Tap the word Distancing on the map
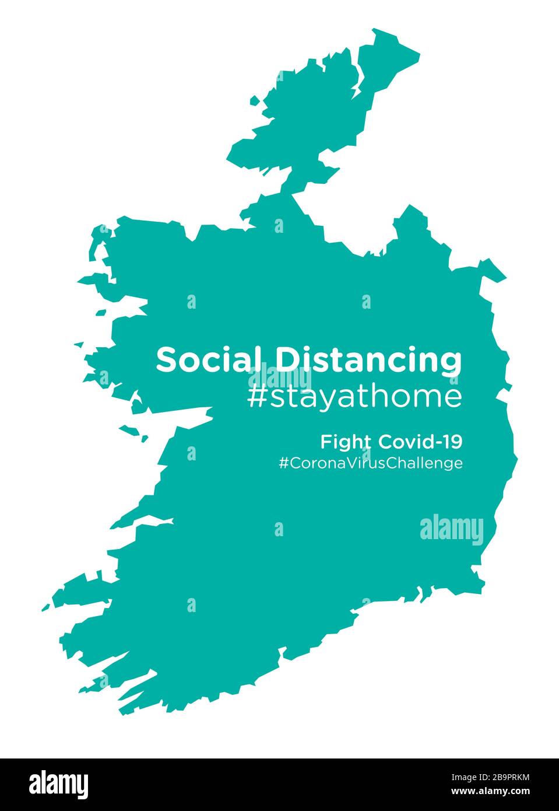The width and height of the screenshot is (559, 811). (x=368, y=361)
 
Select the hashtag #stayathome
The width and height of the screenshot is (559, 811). (x=354, y=397)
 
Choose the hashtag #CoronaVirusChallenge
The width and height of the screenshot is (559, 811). (x=371, y=463)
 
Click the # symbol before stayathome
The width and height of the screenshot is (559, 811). (x=256, y=397)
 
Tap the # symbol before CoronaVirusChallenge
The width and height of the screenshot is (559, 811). (x=284, y=463)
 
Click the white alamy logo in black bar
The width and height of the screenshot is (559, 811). (x=59, y=784)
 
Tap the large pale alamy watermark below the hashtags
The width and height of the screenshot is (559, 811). (x=452, y=530)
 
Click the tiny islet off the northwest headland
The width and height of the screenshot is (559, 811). (x=255, y=101)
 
